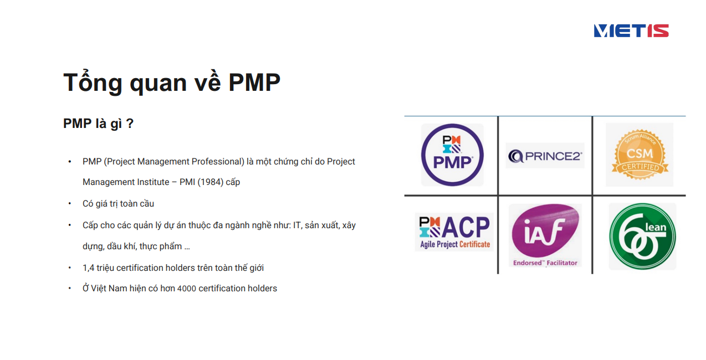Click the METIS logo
[x=631, y=30]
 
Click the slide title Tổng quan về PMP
[x=172, y=82]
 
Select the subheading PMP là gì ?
[x=98, y=123]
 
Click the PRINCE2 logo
[x=545, y=156]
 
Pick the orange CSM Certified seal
[x=640, y=155]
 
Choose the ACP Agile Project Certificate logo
[x=454, y=232]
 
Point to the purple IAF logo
[x=545, y=230]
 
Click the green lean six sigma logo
[x=642, y=236]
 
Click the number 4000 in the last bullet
[x=187, y=289]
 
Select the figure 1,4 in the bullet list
[x=88, y=268]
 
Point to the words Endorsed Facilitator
[x=545, y=263]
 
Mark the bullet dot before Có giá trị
[x=70, y=203]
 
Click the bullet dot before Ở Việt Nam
[x=70, y=288]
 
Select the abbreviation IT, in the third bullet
[x=298, y=225]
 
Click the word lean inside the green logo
[x=656, y=227]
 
